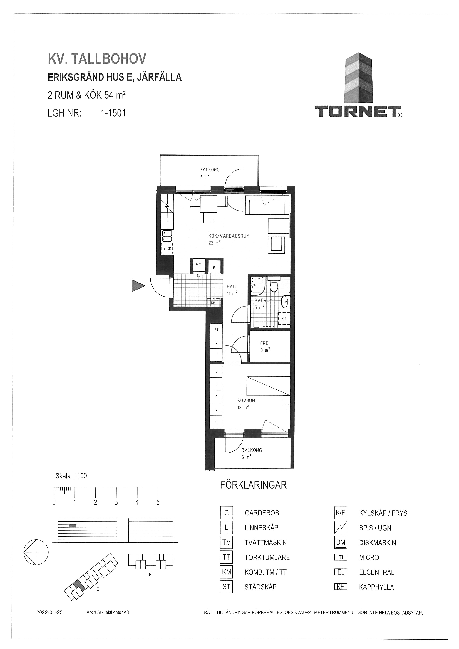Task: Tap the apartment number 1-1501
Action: pos(113,113)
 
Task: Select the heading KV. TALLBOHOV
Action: pos(97,59)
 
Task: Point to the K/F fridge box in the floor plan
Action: pos(199,266)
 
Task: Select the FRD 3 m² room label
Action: pos(265,347)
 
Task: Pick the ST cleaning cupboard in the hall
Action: pos(217,330)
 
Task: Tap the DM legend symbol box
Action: pos(341,542)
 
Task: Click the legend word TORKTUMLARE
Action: pos(267,557)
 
